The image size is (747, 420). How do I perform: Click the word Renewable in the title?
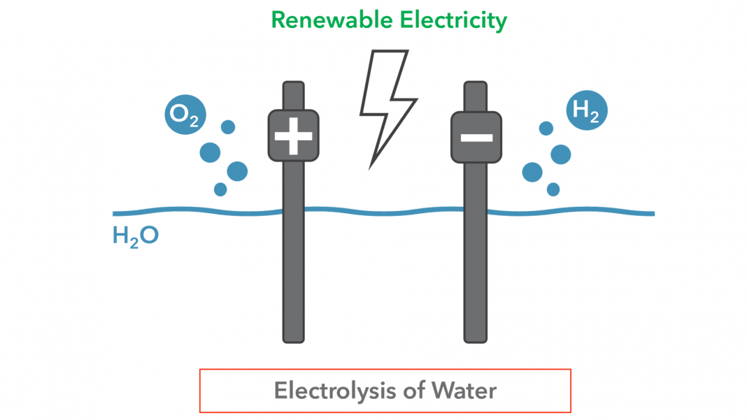332,20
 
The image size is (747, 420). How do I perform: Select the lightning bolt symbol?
387,109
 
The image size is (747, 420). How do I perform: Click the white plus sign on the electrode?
294,136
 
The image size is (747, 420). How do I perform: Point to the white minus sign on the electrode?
476,138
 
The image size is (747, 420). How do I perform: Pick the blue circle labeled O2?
185,115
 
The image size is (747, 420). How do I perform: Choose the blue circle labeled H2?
586,110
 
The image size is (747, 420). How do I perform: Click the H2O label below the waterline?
135,236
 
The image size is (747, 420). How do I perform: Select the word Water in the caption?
464,391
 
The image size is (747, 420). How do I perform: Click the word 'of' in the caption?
414,391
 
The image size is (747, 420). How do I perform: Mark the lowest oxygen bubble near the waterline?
220,189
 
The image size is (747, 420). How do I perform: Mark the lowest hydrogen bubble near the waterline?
553,189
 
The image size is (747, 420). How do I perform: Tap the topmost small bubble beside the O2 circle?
228,127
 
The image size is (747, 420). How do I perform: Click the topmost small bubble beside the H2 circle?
546,128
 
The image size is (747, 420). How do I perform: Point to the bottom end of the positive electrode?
294,342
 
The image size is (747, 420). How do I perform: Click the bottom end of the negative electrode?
476,342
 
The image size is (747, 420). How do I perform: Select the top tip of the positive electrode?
294,82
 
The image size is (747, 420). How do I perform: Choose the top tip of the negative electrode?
476,82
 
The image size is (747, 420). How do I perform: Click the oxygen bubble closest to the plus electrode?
237,171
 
